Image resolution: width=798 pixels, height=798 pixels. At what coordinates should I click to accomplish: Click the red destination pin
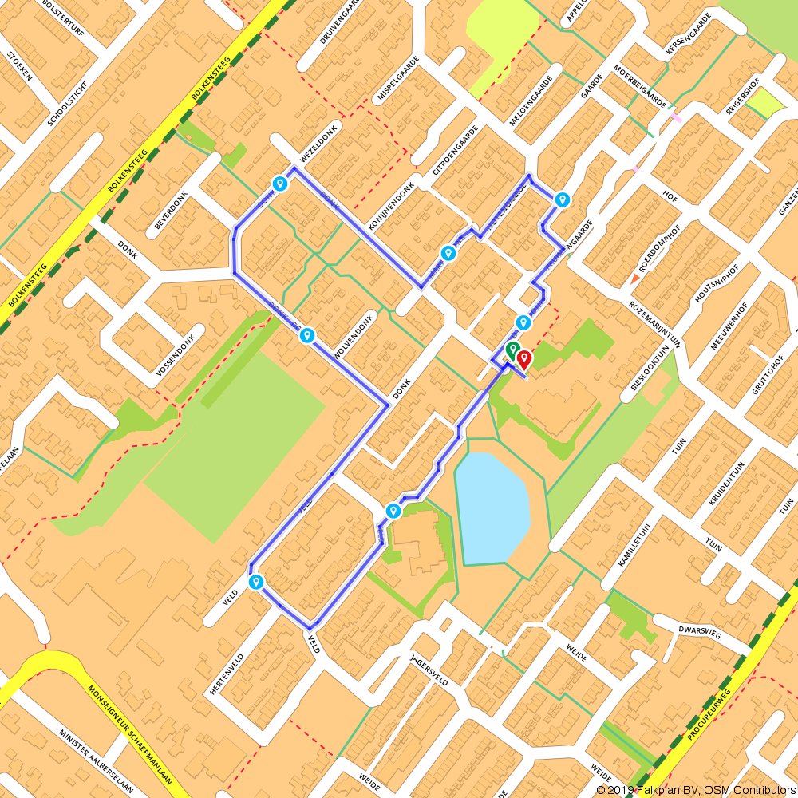click(523, 360)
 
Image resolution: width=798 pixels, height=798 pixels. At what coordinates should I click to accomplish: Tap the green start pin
click(512, 350)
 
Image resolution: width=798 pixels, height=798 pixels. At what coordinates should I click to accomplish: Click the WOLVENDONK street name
click(354, 333)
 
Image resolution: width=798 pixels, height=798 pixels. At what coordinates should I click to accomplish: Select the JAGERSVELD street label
click(429, 669)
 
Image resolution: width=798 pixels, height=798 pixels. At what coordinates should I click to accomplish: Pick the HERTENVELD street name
click(226, 672)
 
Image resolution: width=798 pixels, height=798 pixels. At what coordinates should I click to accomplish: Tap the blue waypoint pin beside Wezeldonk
click(280, 184)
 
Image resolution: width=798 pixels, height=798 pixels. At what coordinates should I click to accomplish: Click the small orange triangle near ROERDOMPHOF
click(635, 278)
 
